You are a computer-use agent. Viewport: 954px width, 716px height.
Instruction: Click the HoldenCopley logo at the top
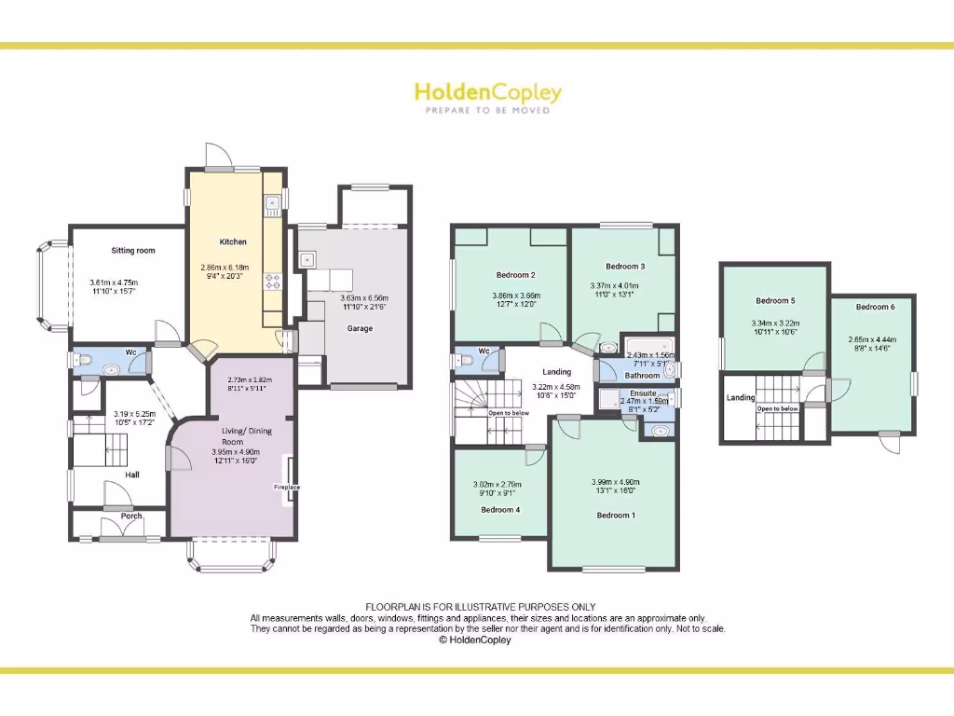[x=487, y=92]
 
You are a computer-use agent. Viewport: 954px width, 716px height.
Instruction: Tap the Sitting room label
[x=133, y=251]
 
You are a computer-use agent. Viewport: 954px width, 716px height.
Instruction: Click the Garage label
[x=360, y=328]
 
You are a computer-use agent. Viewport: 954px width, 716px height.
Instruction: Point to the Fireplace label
[x=286, y=487]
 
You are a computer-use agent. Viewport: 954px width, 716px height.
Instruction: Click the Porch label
[x=131, y=516]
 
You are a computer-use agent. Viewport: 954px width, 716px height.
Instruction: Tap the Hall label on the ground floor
[x=132, y=475]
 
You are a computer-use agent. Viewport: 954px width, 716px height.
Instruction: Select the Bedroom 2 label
[x=515, y=275]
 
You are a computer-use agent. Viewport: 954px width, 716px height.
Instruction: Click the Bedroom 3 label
[x=625, y=266]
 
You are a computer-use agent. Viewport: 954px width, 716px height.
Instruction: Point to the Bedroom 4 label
[x=500, y=510]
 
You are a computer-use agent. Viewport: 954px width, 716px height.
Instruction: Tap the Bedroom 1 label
[x=616, y=515]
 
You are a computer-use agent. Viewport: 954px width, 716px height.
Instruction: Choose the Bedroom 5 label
[x=775, y=301]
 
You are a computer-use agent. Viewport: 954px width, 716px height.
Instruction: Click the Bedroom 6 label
[x=875, y=307]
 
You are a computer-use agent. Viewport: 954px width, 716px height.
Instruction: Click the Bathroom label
[x=642, y=376]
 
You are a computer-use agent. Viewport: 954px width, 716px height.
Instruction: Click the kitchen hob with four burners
[x=273, y=280]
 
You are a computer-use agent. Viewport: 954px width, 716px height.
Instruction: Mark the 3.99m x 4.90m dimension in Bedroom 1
[x=615, y=482]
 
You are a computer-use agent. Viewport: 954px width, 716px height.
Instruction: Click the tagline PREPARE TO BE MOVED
[x=487, y=111]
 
